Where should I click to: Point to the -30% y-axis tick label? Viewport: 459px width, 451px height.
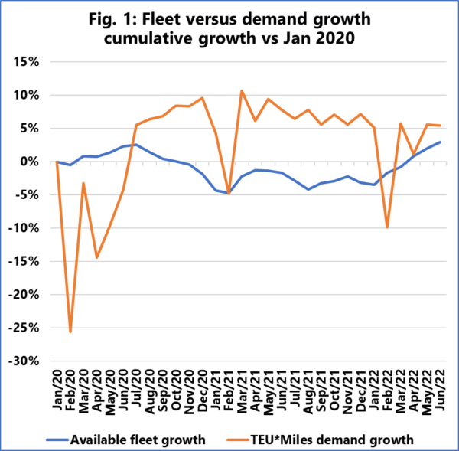[x=34, y=361]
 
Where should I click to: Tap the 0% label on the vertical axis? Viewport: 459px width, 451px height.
[x=41, y=162]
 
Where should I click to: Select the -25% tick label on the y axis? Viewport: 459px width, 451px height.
[x=34, y=328]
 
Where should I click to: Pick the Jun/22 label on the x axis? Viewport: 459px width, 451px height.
[x=440, y=388]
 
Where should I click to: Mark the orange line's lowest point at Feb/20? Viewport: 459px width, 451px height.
[x=70, y=332]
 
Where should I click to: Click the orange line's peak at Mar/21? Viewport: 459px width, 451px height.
[x=242, y=90]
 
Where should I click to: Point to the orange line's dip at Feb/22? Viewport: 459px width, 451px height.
[x=387, y=227]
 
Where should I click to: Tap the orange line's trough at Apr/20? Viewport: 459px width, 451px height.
[x=96, y=257]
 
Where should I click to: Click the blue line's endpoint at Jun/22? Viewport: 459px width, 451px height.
[x=440, y=142]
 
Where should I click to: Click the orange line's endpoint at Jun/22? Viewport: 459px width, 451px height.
[x=440, y=126]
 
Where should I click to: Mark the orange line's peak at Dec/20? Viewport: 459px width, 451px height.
[x=202, y=98]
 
